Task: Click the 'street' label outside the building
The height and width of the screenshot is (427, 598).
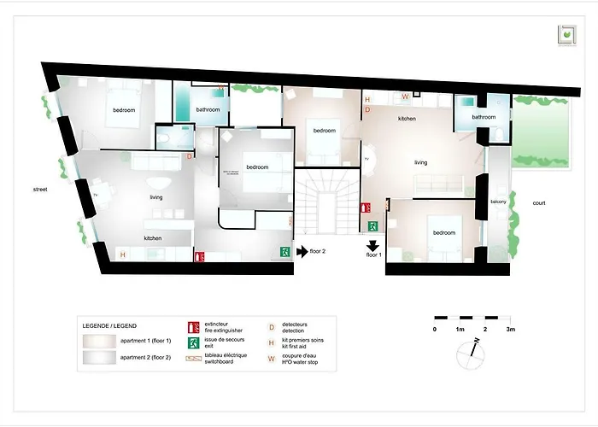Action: click(39, 189)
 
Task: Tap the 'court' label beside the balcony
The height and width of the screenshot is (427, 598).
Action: click(538, 203)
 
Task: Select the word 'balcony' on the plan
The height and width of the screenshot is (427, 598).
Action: click(499, 202)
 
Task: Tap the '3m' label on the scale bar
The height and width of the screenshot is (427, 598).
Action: click(510, 329)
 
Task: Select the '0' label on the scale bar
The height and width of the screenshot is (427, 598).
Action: click(434, 329)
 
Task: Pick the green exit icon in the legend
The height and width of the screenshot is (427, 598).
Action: click(194, 342)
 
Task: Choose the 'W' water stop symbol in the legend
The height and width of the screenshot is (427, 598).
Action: click(272, 357)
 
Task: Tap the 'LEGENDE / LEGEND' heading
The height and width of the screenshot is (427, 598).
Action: click(108, 326)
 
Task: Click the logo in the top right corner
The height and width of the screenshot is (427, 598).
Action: click(565, 34)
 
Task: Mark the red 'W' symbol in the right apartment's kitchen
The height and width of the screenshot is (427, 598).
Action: click(405, 97)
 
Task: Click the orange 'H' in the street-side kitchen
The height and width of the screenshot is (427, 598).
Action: click(122, 254)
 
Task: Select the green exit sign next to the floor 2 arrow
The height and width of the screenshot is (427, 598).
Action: click(283, 252)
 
